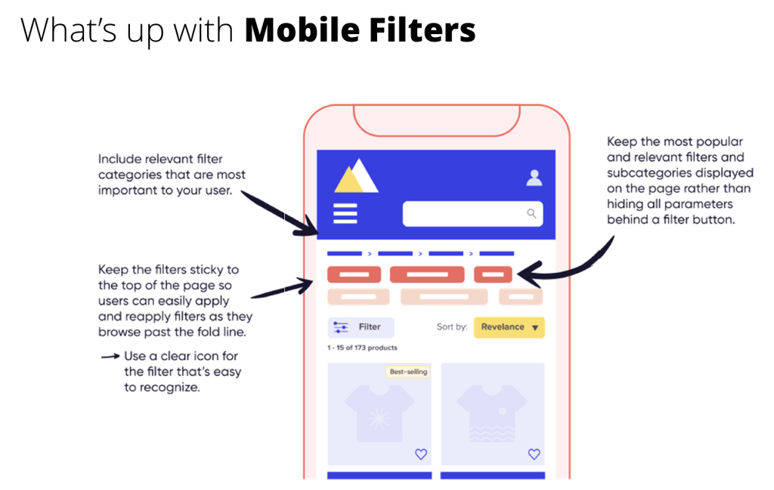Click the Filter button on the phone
pos(361,327)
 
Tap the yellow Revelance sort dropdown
pos(509,327)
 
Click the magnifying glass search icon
pos(531,213)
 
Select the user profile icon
pos(534,178)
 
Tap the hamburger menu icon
pos(345,214)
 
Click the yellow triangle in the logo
pos(349,180)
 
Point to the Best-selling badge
pos(408,371)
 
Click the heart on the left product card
pos(421,454)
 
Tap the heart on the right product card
pos(534,454)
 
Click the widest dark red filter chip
pos(427,274)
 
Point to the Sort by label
pos(452,327)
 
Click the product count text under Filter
pos(363,348)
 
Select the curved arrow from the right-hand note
pos(582,265)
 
